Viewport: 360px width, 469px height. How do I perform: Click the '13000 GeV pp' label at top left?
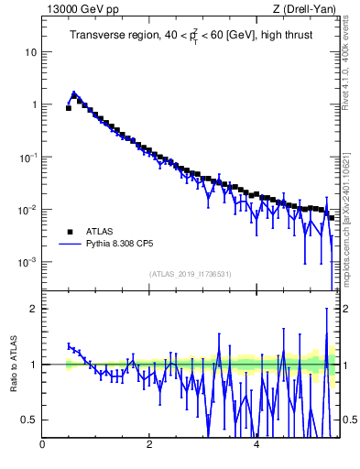(80, 9)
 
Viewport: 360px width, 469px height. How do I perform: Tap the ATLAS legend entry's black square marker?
(69, 232)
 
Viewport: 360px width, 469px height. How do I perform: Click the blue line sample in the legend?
(69, 245)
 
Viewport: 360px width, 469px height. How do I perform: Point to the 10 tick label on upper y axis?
(30, 52)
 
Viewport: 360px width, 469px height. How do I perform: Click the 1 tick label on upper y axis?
(33, 104)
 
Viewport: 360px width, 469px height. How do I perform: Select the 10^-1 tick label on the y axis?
(28, 157)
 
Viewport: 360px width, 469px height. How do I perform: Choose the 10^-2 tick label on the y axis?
(28, 210)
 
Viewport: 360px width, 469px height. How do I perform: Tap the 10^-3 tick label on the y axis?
(28, 262)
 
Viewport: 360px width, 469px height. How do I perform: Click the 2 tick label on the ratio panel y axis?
(33, 309)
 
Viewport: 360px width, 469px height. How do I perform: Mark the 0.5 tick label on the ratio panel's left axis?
(29, 420)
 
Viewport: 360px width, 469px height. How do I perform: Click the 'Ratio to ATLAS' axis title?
(12, 364)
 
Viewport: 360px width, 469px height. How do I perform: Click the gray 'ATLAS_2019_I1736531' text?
(191, 274)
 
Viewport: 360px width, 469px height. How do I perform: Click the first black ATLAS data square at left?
(69, 107)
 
